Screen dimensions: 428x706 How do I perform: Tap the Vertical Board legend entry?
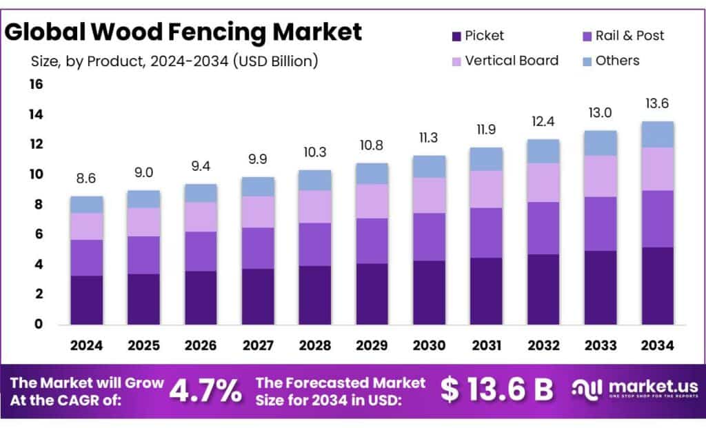(503, 61)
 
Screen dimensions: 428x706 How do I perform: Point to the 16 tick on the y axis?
(35, 85)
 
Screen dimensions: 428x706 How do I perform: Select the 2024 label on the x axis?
(87, 345)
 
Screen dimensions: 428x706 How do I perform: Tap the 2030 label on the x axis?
(429, 345)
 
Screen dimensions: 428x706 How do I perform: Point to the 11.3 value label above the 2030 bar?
(429, 139)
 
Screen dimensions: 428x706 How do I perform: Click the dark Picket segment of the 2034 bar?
(657, 285)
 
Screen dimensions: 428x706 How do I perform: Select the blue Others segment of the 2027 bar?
(258, 186)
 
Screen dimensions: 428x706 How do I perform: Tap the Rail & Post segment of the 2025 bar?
(144, 255)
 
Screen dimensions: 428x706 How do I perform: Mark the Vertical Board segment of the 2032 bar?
(543, 182)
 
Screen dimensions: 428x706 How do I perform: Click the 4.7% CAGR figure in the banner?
(205, 391)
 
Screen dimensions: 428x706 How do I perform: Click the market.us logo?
(634, 390)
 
